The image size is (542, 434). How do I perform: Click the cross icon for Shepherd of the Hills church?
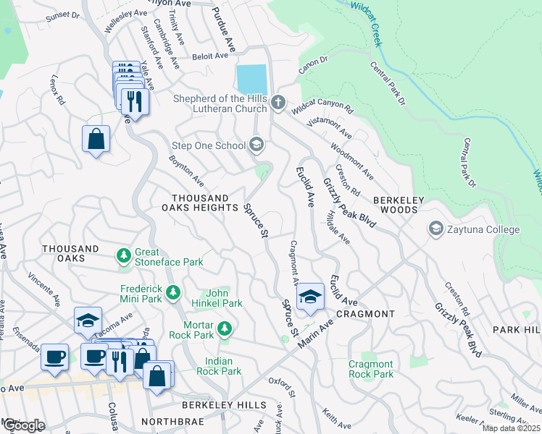pyautogui.click(x=279, y=103)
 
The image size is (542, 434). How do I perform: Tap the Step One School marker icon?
pyautogui.click(x=256, y=145)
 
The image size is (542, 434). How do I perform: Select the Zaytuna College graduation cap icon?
pyautogui.click(x=436, y=229)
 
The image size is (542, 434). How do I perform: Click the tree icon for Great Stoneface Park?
pyautogui.click(x=124, y=255)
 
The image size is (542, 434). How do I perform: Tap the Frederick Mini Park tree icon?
pyautogui.click(x=172, y=293)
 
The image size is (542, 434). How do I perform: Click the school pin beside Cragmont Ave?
pyautogui.click(x=310, y=297)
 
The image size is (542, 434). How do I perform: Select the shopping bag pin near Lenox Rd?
pyautogui.click(x=96, y=138)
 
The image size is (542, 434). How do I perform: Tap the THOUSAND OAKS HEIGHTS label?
pyautogui.click(x=200, y=203)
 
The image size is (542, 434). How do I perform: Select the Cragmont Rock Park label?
pyautogui.click(x=371, y=369)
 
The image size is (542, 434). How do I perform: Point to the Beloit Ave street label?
pyautogui.click(x=210, y=56)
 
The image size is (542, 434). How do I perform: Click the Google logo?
pyautogui.click(x=24, y=425)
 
